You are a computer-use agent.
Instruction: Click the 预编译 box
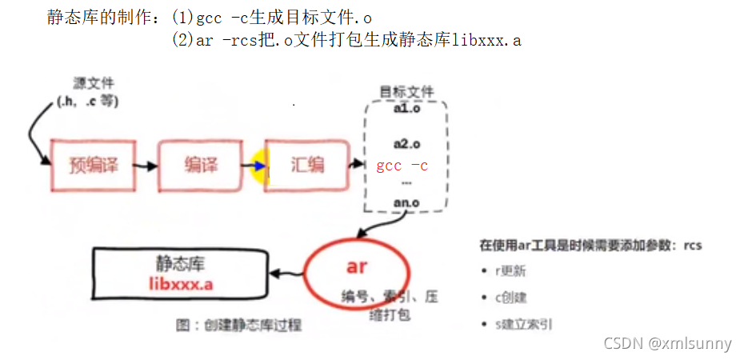point(94,166)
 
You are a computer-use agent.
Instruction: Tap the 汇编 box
point(307,166)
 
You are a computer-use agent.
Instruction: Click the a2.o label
point(406,143)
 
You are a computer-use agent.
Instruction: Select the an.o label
point(406,202)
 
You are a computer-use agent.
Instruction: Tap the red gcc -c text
point(402,166)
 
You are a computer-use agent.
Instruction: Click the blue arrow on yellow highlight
point(258,166)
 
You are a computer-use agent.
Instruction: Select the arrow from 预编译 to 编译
point(146,166)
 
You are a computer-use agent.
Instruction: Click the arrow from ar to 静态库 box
point(285,273)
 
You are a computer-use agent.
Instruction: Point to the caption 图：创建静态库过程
point(238,326)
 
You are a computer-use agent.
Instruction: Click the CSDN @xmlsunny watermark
point(667,343)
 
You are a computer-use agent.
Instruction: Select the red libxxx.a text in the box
point(180,284)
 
